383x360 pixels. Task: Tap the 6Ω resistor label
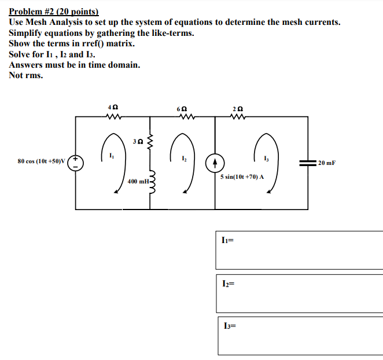[x=183, y=108]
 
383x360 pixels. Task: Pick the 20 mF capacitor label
[x=327, y=163]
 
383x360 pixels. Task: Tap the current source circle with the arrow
[x=215, y=162]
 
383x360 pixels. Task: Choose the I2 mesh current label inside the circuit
[x=183, y=157]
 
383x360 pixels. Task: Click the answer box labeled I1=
[x=299, y=249]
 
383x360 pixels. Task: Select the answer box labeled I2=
[x=299, y=293]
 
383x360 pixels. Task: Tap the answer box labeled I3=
[x=299, y=335]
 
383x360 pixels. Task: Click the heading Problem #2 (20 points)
[x=54, y=12]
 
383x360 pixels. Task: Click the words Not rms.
[x=25, y=75]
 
